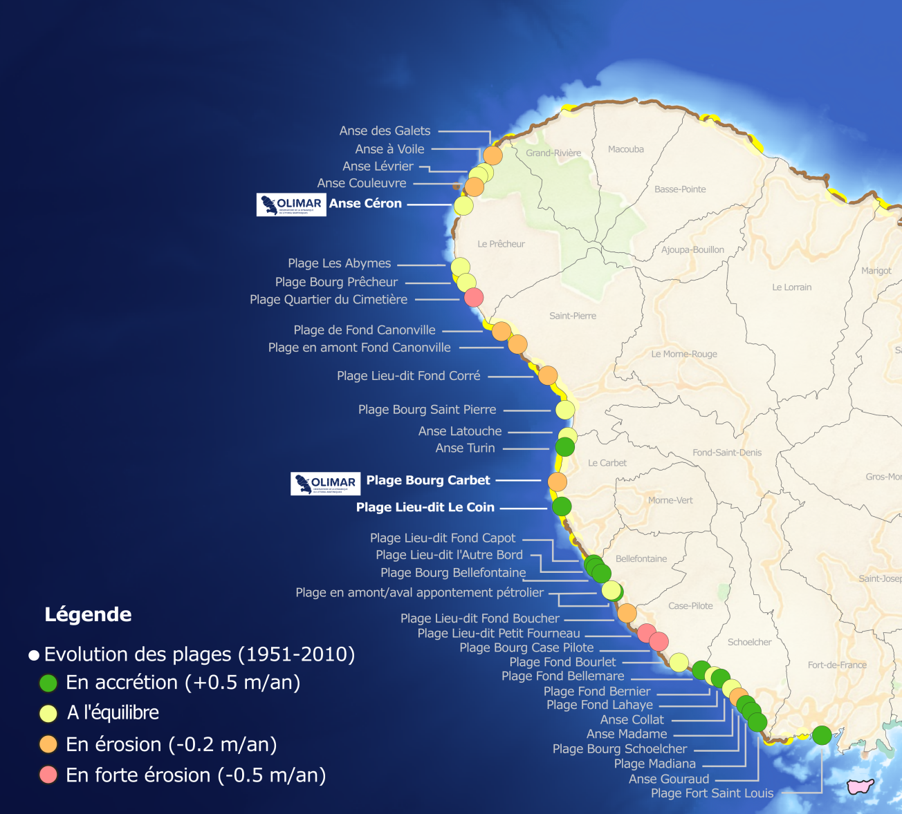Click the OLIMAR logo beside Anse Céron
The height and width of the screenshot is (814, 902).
pyautogui.click(x=291, y=205)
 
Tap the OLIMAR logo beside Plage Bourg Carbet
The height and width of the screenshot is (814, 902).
pyautogui.click(x=325, y=483)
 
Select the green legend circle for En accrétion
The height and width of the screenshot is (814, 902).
pyautogui.click(x=48, y=683)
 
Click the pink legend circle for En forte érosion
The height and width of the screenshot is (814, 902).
pyautogui.click(x=48, y=775)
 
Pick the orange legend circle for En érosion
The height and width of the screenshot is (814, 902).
pyautogui.click(x=48, y=744)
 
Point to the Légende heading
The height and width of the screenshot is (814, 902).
pyautogui.click(x=88, y=614)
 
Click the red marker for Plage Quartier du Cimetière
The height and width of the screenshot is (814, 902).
pyautogui.click(x=474, y=298)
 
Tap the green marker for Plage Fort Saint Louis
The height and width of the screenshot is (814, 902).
pyautogui.click(x=822, y=735)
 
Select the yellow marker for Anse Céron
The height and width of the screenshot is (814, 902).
pyautogui.click(x=463, y=205)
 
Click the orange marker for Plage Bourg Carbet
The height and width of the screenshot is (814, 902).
pyautogui.click(x=558, y=482)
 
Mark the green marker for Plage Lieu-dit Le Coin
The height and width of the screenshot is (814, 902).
pyautogui.click(x=562, y=507)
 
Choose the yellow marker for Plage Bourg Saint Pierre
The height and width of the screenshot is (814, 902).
pyautogui.click(x=565, y=410)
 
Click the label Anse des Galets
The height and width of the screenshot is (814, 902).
pyautogui.click(x=385, y=131)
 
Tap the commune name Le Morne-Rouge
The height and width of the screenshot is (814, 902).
pyautogui.click(x=683, y=354)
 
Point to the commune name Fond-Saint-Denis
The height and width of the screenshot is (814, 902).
pyautogui.click(x=726, y=453)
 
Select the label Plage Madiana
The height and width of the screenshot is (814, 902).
pyautogui.click(x=654, y=764)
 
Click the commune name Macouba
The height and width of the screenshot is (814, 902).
pyautogui.click(x=625, y=149)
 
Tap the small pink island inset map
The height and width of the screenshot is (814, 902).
pyautogui.click(x=860, y=786)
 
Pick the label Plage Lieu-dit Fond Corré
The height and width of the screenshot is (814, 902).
pyautogui.click(x=408, y=376)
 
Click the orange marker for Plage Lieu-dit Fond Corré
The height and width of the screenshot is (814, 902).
pyautogui.click(x=548, y=375)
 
